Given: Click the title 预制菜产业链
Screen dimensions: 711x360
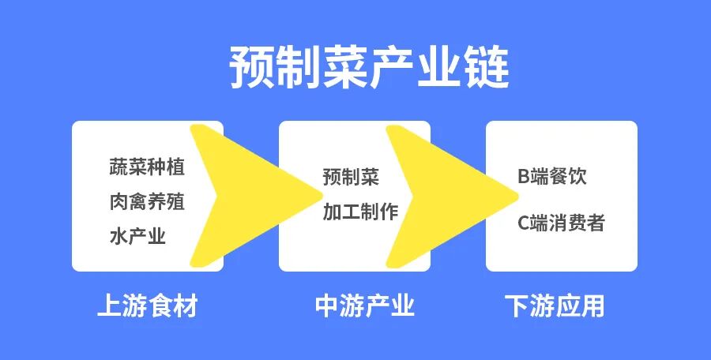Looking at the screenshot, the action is [369, 68].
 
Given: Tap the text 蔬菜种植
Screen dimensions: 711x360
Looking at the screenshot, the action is [147, 167].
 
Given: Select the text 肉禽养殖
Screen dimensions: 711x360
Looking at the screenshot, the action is [147, 202].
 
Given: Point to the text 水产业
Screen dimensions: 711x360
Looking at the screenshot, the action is [137, 236].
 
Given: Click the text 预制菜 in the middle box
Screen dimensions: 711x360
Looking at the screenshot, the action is [351, 177].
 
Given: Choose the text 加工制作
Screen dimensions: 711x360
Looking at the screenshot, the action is [360, 212].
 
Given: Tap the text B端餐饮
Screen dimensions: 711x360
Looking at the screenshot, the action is [552, 177].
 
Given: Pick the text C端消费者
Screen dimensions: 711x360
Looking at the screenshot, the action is [561, 223].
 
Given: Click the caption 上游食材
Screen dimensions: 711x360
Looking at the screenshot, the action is [147, 306].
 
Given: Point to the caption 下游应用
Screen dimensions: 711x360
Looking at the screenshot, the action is [555, 306].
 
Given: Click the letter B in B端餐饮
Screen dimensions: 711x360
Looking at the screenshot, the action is [523, 177].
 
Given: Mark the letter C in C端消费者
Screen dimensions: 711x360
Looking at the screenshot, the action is [523, 223].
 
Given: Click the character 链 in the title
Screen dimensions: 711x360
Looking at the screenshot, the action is [487, 68].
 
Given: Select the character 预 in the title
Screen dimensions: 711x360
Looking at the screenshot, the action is [251, 68].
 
